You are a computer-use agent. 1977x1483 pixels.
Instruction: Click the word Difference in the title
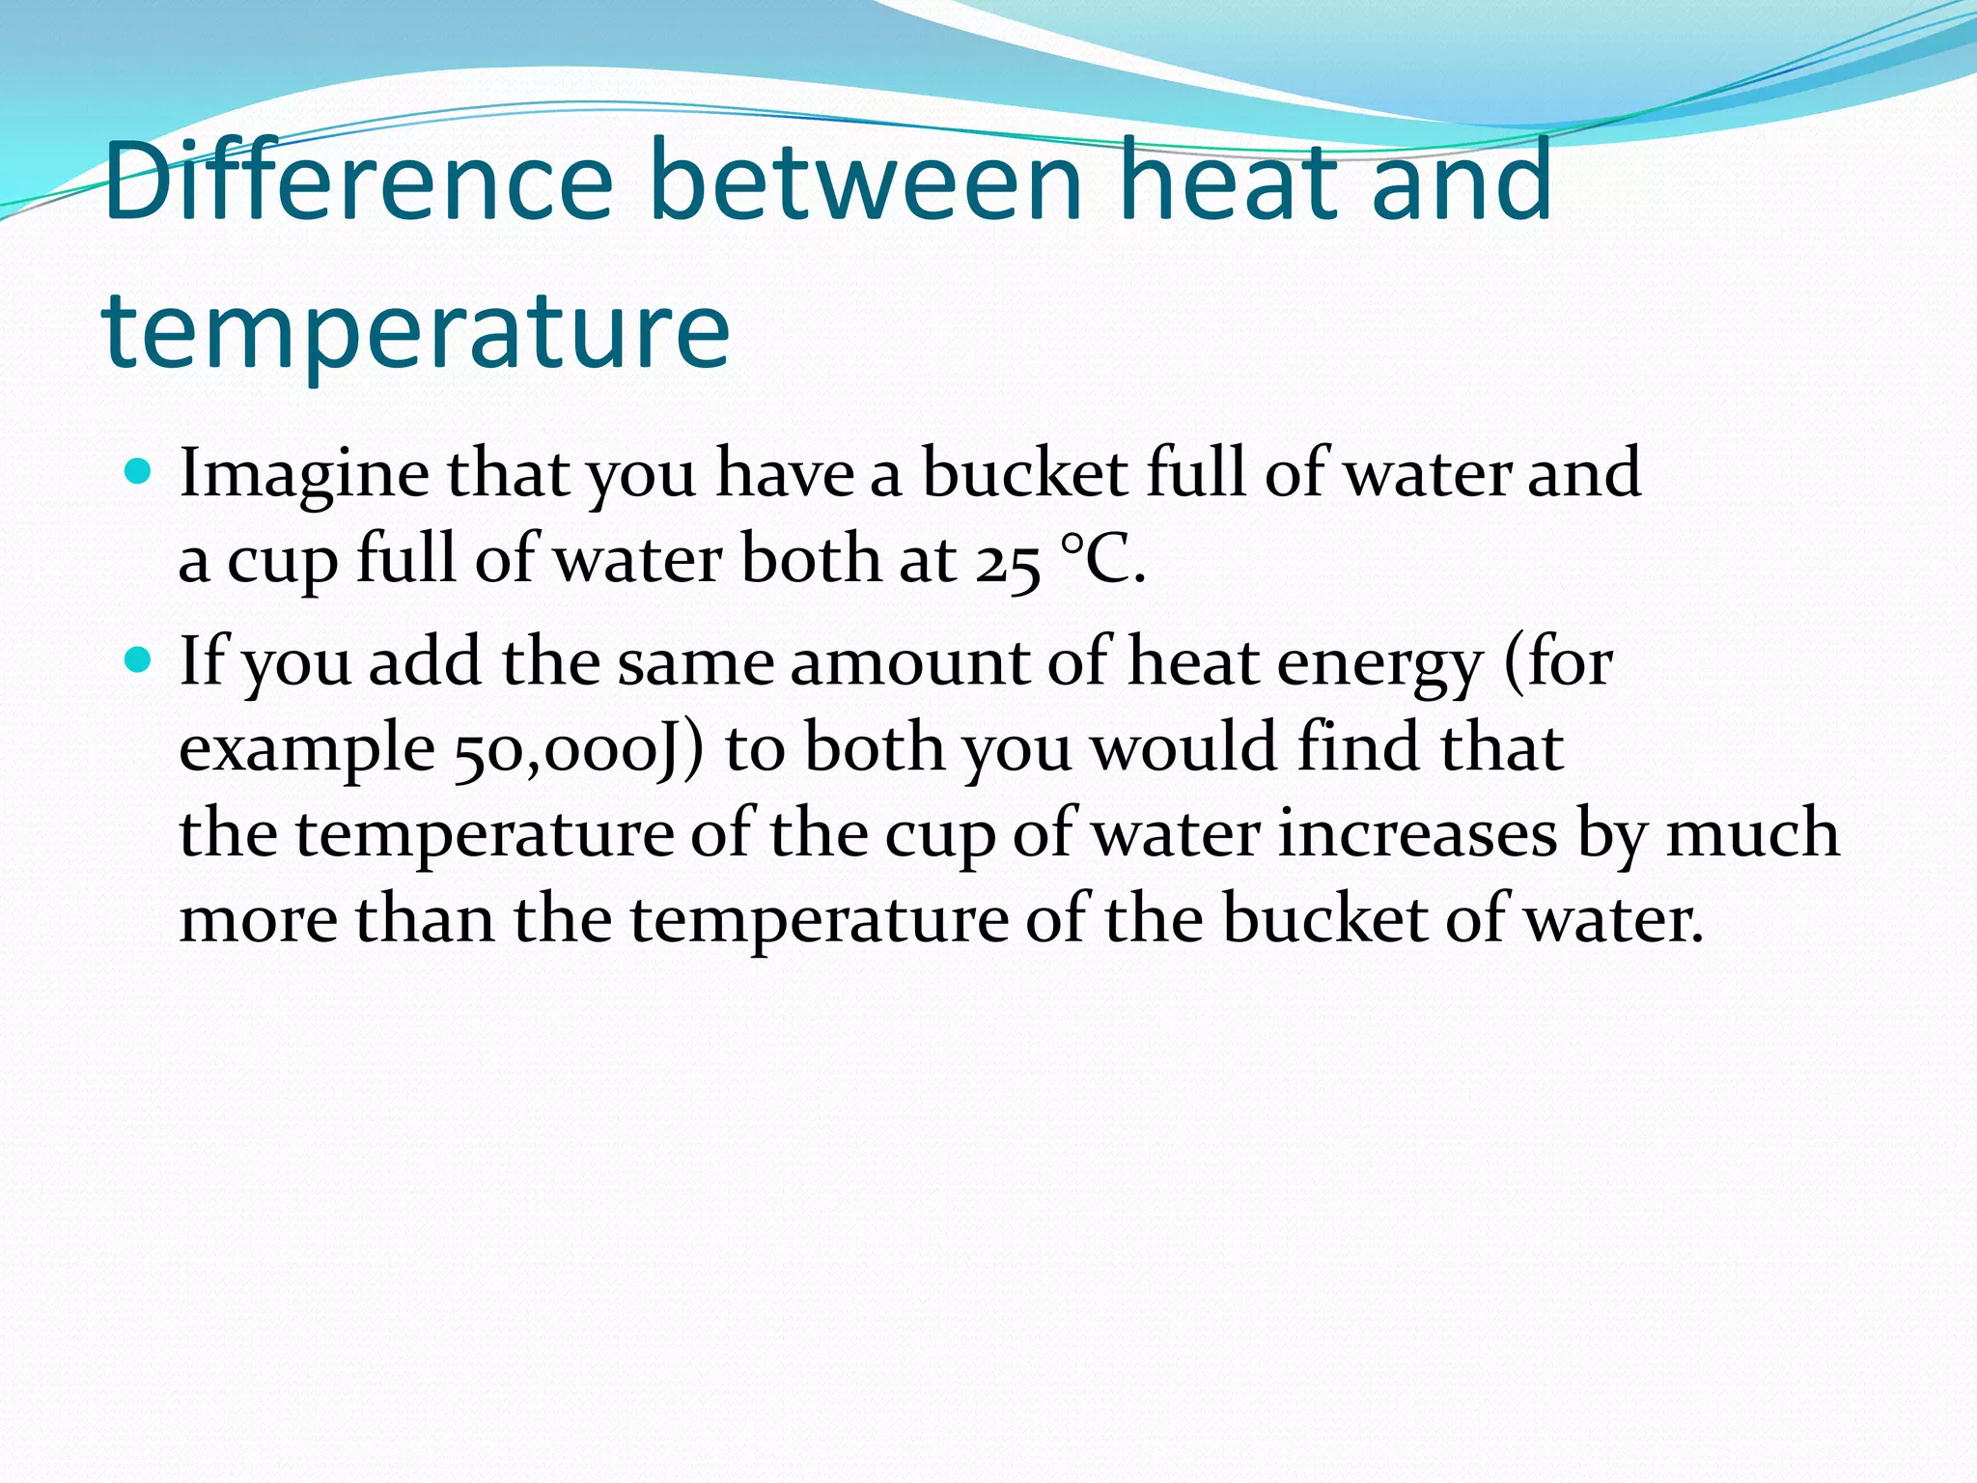point(358,181)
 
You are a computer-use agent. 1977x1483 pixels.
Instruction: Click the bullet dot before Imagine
point(139,472)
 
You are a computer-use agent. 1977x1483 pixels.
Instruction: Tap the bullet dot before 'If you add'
point(139,660)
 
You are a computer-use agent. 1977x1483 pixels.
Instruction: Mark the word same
point(695,664)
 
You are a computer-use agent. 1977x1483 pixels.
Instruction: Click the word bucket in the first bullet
point(1024,473)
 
